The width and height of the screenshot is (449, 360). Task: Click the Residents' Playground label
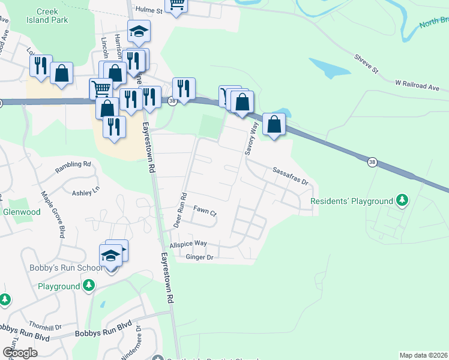[351, 201]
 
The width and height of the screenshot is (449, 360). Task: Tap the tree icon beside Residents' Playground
[402, 201]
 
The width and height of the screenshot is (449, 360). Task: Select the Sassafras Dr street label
[289, 176]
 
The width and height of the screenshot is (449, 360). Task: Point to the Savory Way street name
[250, 139]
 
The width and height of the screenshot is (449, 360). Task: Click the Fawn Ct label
[205, 211]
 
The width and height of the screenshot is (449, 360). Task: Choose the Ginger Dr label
[200, 257]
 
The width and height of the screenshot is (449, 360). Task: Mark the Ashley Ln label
[85, 192]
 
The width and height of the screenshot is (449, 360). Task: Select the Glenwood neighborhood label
[22, 212]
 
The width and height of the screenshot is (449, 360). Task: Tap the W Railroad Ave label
[417, 86]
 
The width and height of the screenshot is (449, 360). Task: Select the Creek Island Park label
[52, 16]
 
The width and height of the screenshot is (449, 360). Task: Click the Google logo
[20, 353]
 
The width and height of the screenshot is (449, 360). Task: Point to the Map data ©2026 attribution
[423, 355]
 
